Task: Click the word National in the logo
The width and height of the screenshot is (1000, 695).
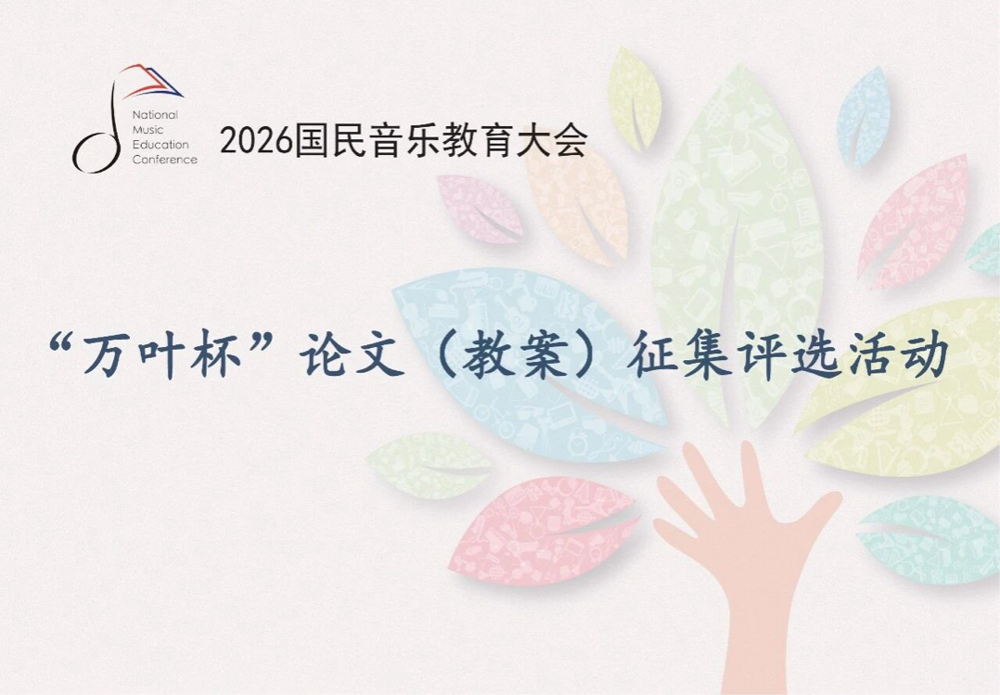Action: coord(155,115)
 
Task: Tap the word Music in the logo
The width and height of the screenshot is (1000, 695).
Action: coord(148,130)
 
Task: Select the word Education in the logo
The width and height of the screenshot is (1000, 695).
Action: coord(160,144)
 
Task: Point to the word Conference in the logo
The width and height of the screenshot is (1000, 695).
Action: coord(164,160)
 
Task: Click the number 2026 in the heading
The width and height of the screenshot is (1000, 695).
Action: coord(256,141)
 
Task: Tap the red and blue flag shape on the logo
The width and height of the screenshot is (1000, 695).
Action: coord(151,80)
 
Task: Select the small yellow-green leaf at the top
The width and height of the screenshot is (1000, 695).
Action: coord(634,99)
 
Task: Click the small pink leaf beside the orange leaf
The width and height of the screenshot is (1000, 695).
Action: coord(479,208)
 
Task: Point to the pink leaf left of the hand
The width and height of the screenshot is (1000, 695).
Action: coord(542,531)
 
